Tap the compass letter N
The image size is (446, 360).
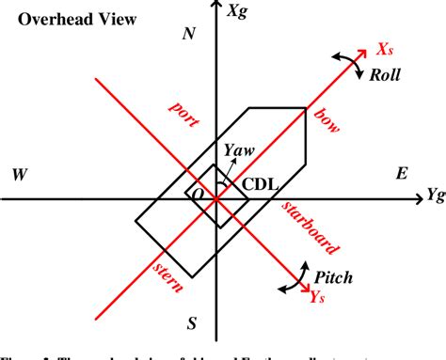coord(188,35)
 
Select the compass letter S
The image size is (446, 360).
coord(191,324)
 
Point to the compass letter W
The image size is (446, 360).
coord(19,175)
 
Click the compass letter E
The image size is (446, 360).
coord(402,174)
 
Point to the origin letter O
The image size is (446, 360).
coord(199,192)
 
